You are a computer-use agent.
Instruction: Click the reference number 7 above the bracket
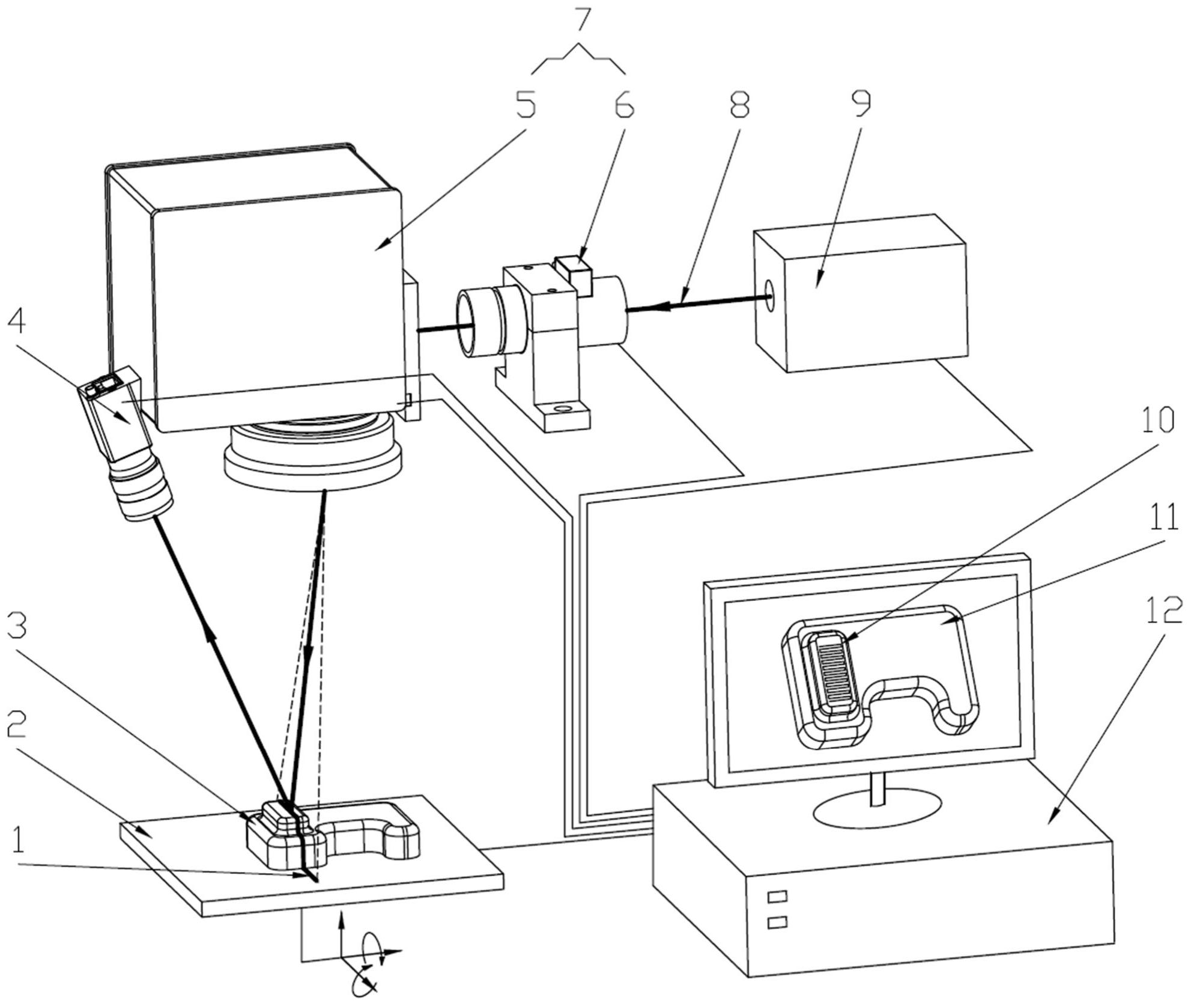(x=578, y=23)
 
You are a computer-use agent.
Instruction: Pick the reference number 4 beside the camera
(x=16, y=323)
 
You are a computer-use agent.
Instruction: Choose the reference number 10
(x=1157, y=421)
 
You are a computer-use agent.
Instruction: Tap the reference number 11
(x=1163, y=517)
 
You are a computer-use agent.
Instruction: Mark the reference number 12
(x=1163, y=611)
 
